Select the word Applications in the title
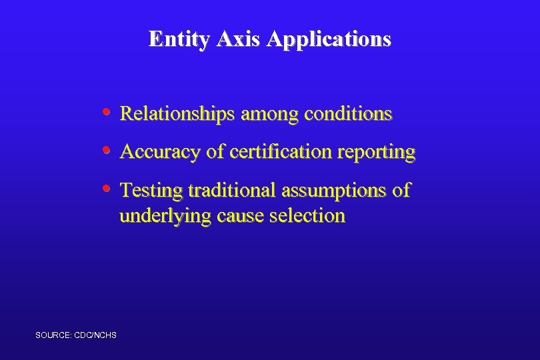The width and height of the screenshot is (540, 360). pos(329,39)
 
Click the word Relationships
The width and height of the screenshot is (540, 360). pos(177,114)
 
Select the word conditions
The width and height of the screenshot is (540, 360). pos(348,114)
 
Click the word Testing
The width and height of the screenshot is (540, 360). pos(151,191)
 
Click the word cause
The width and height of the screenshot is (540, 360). pos(237,217)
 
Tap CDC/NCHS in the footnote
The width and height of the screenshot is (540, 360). pos(99,335)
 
